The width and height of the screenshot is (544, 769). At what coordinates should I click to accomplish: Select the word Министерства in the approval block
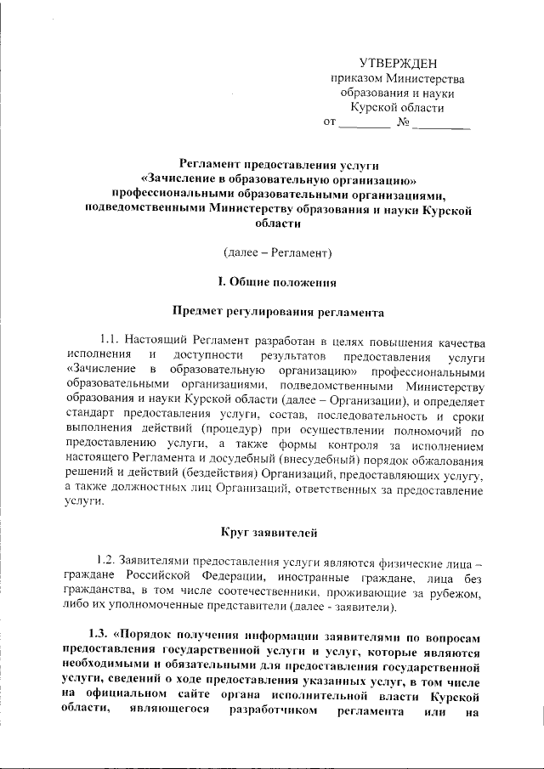pos(429,78)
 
